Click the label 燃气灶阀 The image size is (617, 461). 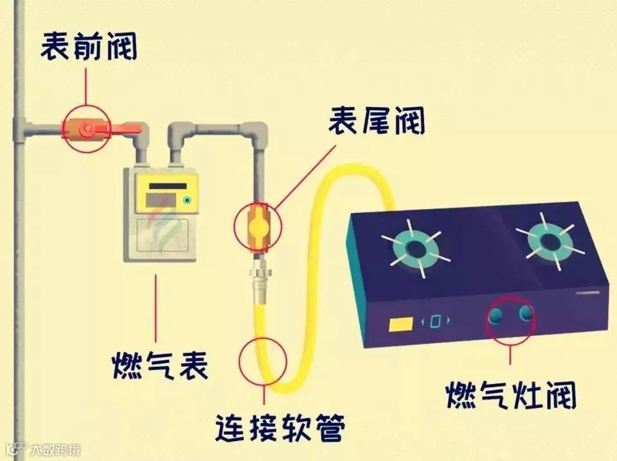(x=511, y=394)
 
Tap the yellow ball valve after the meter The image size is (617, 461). (x=258, y=225)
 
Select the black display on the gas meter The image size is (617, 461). (x=167, y=186)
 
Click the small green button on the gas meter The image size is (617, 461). (x=187, y=201)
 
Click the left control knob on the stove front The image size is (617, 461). (x=496, y=315)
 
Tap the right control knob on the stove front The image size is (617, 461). (x=526, y=313)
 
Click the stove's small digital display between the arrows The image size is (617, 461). (x=435, y=321)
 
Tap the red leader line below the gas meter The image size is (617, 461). (x=156, y=308)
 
